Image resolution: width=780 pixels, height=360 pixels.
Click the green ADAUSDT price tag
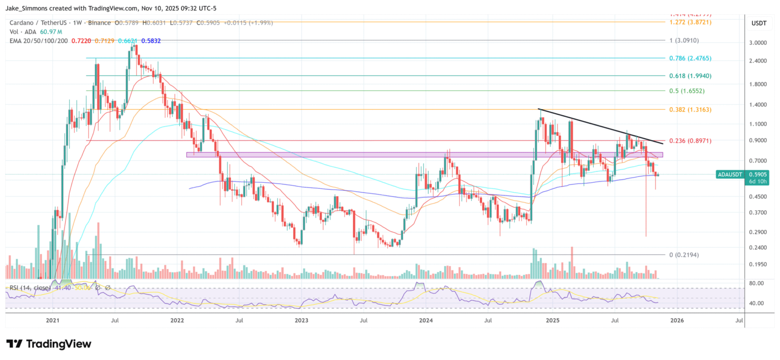coord(729,174)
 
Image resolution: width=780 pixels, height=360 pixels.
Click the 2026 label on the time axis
coord(676,320)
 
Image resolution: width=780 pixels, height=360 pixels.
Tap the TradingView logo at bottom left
coord(49,344)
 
